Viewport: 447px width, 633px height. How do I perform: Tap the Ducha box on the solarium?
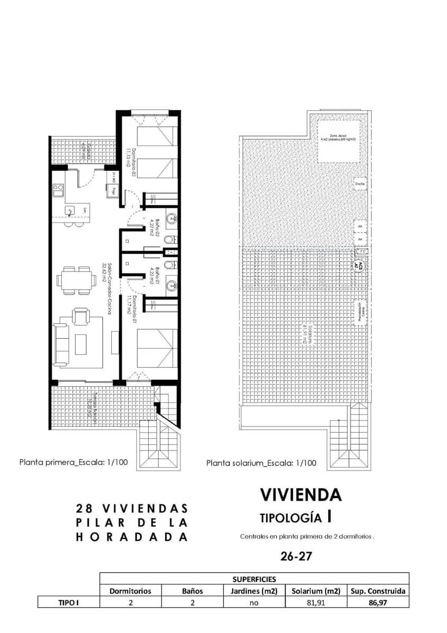tap(360, 184)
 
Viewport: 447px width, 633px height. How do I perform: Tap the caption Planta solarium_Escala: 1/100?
tap(261, 463)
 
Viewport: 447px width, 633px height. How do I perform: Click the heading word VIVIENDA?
tap(301, 495)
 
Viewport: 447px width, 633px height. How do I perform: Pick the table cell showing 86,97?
tap(377, 602)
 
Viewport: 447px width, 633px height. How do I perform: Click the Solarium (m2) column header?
tap(315, 591)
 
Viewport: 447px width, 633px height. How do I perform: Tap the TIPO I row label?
tap(68, 602)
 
